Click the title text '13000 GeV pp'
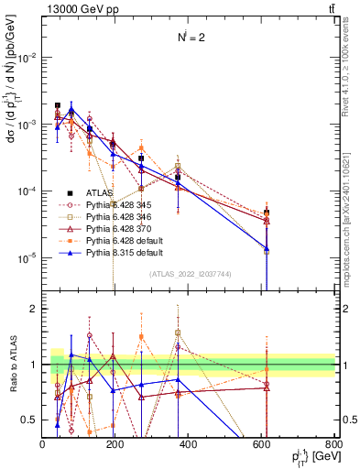pyautogui.click(x=73, y=8)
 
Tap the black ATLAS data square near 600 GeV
pyautogui.click(x=267, y=213)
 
